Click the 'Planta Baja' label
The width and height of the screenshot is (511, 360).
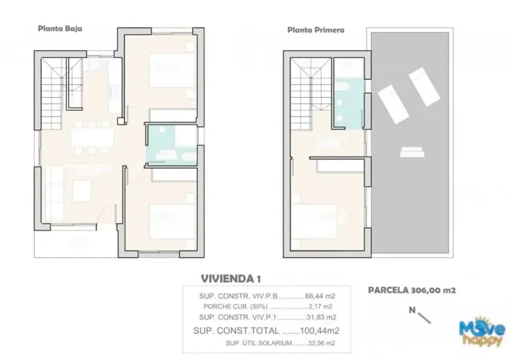60,29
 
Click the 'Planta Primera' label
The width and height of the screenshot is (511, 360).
315,30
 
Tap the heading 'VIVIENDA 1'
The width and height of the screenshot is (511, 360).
230,278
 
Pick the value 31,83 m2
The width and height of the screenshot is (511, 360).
320,317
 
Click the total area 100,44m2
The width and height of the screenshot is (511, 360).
320,330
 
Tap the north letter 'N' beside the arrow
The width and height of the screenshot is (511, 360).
412,311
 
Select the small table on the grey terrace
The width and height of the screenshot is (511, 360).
412,151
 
